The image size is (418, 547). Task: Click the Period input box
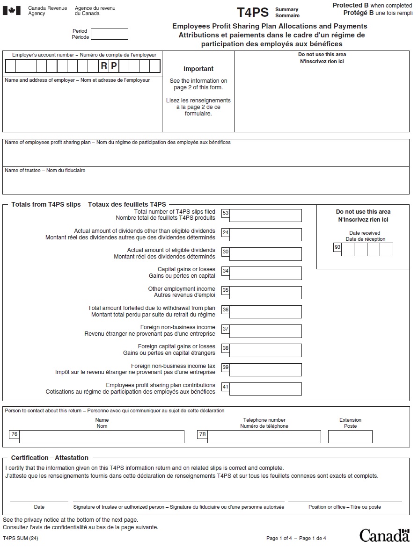pos(109,34)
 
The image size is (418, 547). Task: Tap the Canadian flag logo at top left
pos(12,10)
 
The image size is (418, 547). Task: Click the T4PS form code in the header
pos(252,12)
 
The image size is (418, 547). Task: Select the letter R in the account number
pos(104,66)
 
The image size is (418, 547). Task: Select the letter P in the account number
pos(114,66)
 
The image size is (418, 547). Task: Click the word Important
pos(198,69)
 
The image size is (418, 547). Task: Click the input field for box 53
pos(265,216)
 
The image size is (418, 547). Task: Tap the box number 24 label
pos(226,232)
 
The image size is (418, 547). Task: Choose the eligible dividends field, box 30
pos(265,254)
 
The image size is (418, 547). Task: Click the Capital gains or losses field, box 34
pos(265,273)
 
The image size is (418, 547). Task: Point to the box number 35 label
pos(226,290)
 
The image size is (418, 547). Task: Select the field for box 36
pos(265,312)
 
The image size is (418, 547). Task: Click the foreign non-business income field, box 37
pos(265,331)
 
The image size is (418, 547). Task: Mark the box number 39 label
pos(226,367)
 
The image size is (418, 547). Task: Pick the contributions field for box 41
pos(265,389)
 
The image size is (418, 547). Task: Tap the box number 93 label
pos(337,247)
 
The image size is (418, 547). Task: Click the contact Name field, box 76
pos(102,437)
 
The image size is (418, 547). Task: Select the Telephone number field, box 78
pos(264,437)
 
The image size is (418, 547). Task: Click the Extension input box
pos(350,437)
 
